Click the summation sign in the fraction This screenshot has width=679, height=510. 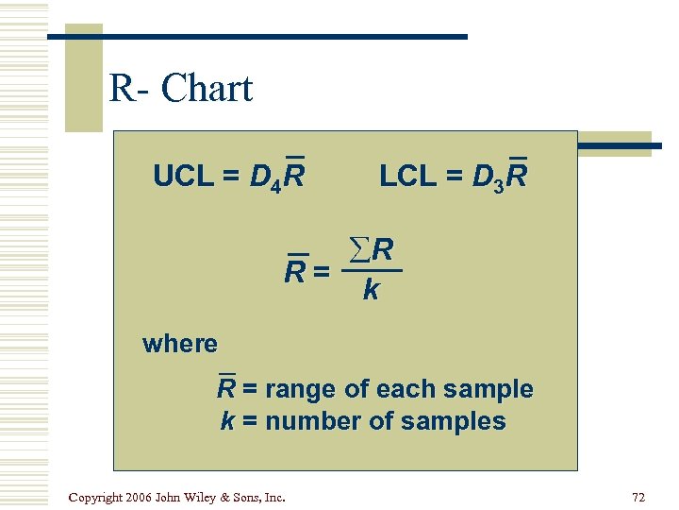tap(360, 250)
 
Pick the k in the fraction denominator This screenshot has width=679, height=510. tap(371, 291)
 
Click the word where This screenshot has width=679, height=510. tap(180, 344)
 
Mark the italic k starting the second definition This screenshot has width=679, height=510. tap(227, 421)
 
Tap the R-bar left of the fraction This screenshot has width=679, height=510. tap(296, 273)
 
